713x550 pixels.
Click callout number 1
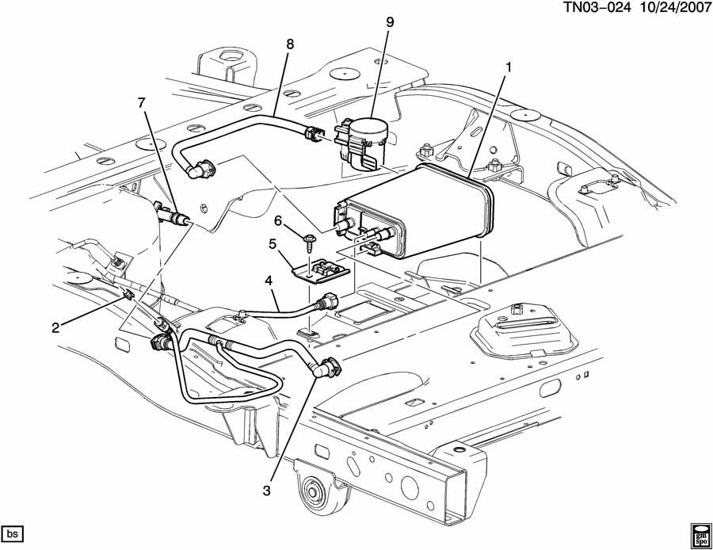(508, 67)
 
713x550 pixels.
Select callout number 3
(268, 491)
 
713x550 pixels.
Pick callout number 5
(273, 244)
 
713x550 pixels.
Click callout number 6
(279, 220)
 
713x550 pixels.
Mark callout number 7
(142, 103)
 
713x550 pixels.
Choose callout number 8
(290, 44)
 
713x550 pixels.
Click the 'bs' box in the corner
(12, 530)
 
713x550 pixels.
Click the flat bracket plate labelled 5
(318, 271)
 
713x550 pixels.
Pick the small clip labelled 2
(129, 296)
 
